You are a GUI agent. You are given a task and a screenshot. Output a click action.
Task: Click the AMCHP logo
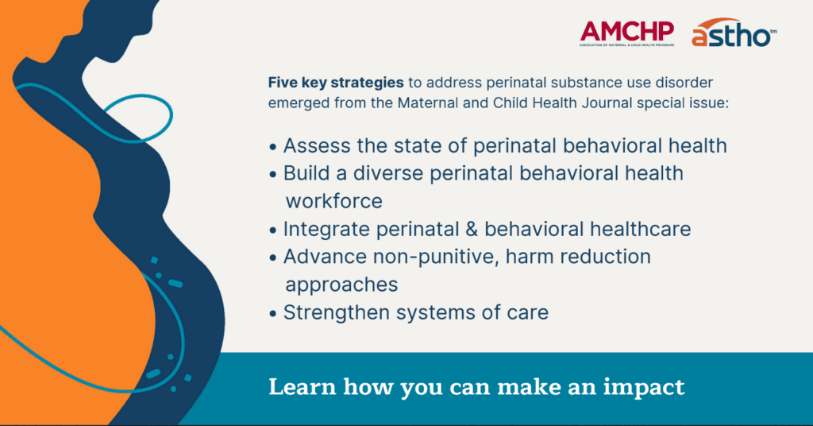pos(626,33)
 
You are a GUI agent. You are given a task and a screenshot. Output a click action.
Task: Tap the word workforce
pos(333,200)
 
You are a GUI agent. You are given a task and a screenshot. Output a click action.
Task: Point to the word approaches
pos(341,284)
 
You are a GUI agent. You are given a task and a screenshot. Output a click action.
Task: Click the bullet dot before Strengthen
pos(274,312)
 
